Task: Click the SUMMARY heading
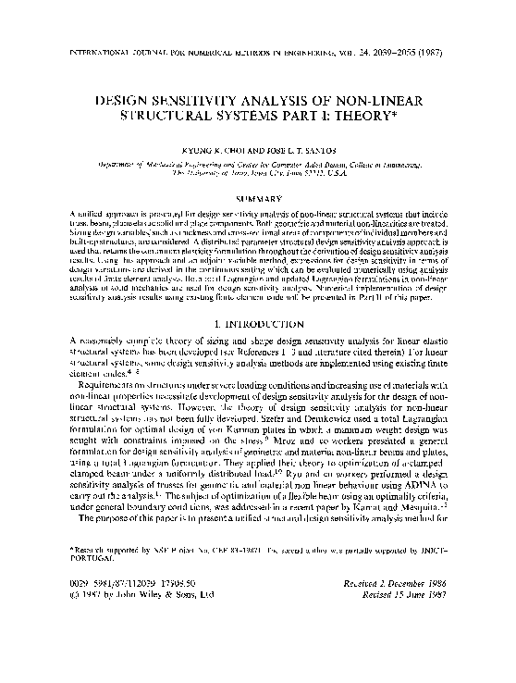(x=257, y=198)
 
